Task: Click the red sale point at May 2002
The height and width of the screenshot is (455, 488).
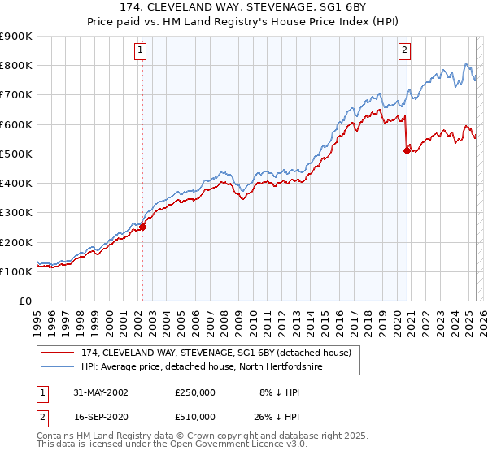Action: click(142, 227)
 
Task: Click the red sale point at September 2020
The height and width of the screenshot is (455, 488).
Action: click(407, 150)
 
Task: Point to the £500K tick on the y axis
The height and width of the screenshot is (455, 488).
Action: click(16, 154)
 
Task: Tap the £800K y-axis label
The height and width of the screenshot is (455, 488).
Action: click(16, 65)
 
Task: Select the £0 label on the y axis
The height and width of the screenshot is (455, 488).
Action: click(25, 301)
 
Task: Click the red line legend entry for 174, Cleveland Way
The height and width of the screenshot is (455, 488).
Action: click(216, 353)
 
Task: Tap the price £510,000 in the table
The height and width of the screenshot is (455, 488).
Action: click(195, 416)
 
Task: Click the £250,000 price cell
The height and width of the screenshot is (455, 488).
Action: click(195, 392)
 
